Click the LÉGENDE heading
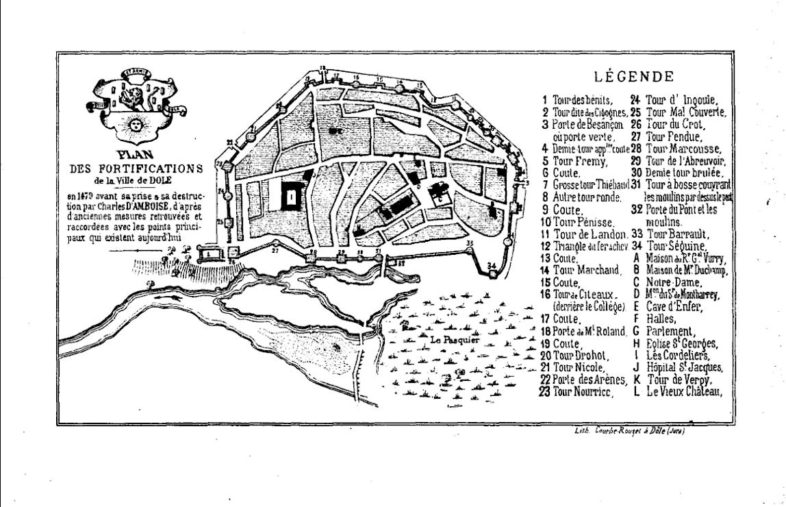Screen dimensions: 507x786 (x=633, y=77)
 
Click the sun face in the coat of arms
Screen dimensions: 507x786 (x=135, y=125)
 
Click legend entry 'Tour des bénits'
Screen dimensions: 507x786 (x=581, y=100)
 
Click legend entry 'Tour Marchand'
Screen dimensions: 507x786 (x=586, y=270)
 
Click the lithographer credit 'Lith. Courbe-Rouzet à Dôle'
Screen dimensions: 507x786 (x=629, y=431)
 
